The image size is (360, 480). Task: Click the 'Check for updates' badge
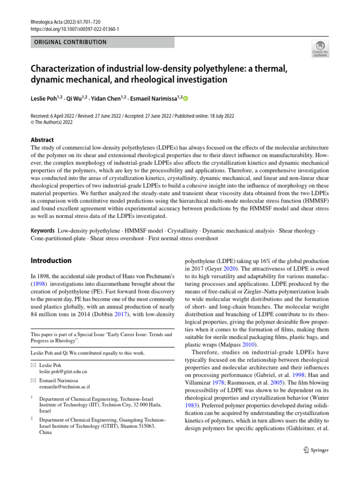[x=320, y=49]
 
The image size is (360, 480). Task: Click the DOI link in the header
[x=75, y=29]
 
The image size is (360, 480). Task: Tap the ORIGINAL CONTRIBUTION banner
[x=71, y=42]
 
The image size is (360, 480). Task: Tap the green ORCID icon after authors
[x=185, y=98]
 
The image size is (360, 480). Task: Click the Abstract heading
[x=42, y=140]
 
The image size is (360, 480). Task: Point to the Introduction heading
[x=51, y=261]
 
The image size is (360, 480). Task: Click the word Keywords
[x=43, y=231]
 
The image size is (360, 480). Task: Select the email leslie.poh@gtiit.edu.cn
[x=63, y=371]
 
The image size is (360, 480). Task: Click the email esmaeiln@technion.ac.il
[x=65, y=387]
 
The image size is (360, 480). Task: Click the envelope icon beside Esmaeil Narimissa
[x=33, y=380]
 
